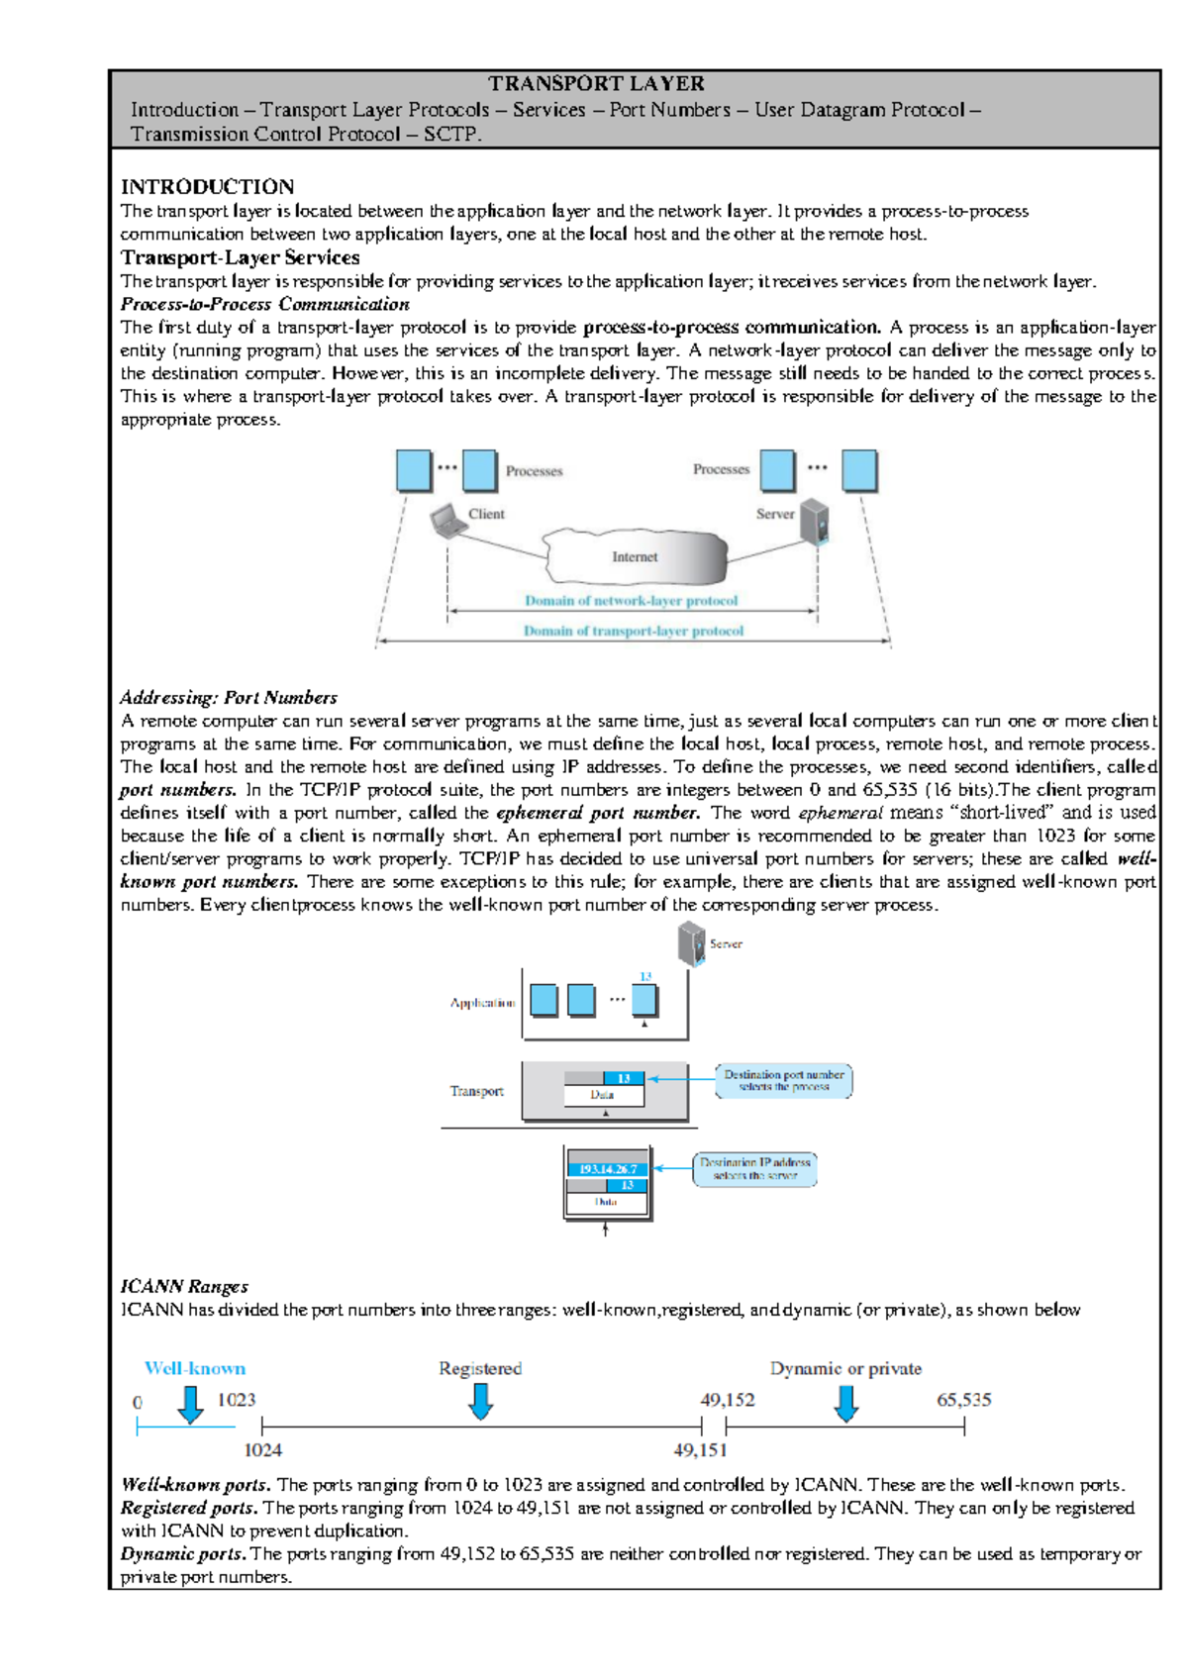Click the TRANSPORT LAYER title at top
(596, 84)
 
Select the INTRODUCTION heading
(207, 187)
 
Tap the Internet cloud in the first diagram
(635, 557)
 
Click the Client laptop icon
(447, 521)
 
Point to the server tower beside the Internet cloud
(815, 522)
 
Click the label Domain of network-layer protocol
(631, 601)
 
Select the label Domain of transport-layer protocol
(633, 631)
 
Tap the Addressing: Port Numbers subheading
(229, 698)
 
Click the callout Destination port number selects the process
(783, 1081)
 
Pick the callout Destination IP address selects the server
(754, 1168)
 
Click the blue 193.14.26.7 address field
(608, 1169)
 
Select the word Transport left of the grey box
(476, 1091)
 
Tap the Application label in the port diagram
(482, 1003)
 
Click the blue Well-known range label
(195, 1368)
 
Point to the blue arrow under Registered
(481, 1401)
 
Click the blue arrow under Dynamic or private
(845, 1403)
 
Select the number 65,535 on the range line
(963, 1400)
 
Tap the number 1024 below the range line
(262, 1450)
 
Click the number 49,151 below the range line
(700, 1450)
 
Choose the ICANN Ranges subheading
(184, 1286)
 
